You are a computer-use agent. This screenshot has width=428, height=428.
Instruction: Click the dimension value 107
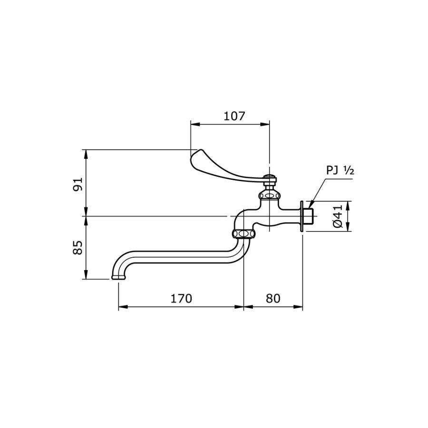233,116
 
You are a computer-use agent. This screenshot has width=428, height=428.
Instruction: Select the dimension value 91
78,184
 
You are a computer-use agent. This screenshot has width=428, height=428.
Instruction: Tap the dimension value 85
78,247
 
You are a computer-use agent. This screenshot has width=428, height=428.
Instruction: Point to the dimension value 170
181,299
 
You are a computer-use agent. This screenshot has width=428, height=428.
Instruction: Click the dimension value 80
273,299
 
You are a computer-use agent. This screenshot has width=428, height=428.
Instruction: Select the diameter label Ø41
338,216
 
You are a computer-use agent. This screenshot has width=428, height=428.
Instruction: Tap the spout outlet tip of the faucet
117,277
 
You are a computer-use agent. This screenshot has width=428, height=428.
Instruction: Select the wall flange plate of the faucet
302,216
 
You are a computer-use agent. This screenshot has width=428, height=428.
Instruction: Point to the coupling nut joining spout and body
243,233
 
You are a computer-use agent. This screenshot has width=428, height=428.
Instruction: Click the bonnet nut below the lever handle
269,195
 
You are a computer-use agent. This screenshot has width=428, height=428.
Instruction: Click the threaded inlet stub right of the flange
309,216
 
